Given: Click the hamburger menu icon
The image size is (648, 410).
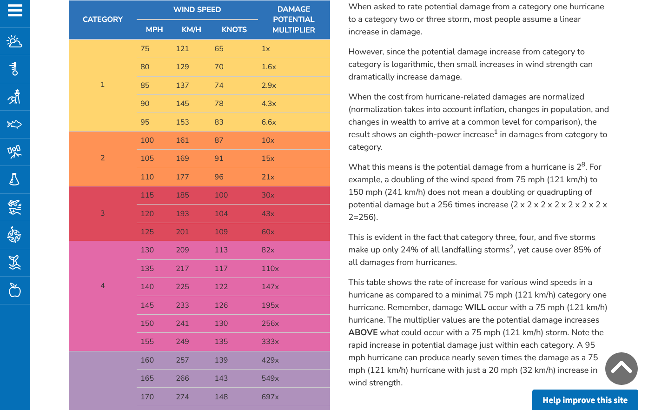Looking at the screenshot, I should point(15,10).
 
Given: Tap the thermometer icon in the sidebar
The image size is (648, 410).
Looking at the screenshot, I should point(15,69).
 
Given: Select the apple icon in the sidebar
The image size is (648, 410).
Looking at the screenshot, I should point(15,290).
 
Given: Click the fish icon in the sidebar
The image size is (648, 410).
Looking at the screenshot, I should point(15,124).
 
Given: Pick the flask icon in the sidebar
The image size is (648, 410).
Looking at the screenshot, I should point(15,179).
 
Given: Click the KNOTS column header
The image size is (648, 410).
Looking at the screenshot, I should point(234,29).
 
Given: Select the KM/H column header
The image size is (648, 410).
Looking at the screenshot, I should point(191,29).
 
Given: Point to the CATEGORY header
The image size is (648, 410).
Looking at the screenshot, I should point(103,19).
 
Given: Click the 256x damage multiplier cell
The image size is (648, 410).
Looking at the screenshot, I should point(270,323).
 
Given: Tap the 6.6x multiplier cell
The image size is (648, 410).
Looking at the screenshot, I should point(269,122).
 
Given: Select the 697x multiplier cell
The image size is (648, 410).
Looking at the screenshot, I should point(270,397).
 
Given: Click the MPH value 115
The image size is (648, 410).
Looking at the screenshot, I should point(147,195).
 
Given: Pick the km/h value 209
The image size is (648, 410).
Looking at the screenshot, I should point(182,250).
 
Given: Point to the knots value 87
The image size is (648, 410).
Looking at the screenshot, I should point(219,140).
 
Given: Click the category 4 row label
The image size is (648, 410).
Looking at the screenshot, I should point(103,285).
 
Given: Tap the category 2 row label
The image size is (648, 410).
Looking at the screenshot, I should point(103,158).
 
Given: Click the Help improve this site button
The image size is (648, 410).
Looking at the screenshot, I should point(585,400).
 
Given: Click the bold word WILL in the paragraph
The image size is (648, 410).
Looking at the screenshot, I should point(475,307).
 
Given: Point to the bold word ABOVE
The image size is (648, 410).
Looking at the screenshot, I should point(363,332).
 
